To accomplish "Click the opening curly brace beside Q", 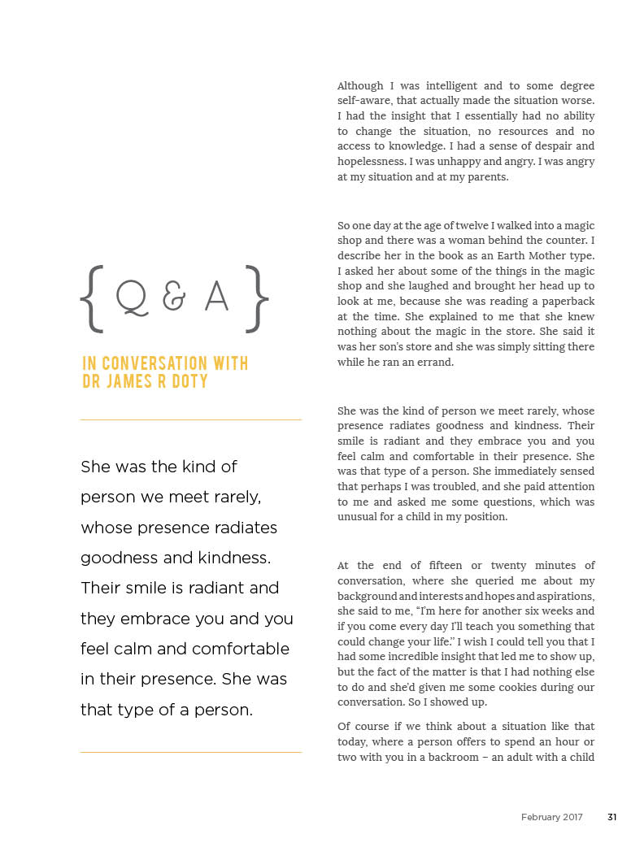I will [x=92, y=298].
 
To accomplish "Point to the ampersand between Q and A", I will [x=174, y=299].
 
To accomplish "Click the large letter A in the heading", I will [x=216, y=298].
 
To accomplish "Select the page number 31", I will [x=611, y=817].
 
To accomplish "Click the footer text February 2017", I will [x=552, y=817].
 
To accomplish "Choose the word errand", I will [x=436, y=363].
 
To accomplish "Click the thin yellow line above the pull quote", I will [x=190, y=419].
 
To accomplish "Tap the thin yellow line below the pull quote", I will [x=190, y=752].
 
